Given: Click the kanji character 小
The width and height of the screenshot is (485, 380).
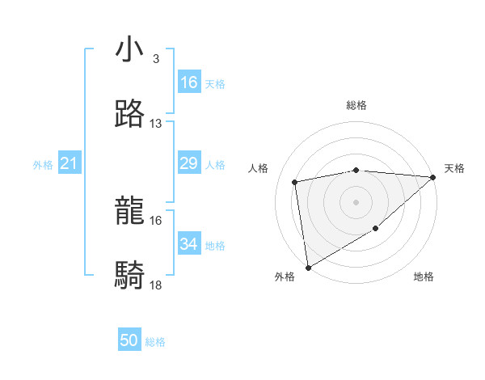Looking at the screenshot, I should (130, 50).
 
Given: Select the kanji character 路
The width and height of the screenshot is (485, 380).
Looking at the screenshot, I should (130, 114).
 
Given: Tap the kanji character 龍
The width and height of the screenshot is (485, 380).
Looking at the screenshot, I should (130, 212).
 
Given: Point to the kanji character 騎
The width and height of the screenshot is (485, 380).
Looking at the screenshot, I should (130, 276).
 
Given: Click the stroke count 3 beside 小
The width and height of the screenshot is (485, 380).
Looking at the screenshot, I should (155, 59).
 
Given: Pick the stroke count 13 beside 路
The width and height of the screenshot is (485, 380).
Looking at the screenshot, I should (156, 124).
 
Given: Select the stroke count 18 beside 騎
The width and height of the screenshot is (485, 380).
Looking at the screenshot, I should (156, 285).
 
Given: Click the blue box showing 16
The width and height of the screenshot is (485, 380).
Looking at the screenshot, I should (189, 82).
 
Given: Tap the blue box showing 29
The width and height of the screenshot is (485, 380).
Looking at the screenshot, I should (189, 164).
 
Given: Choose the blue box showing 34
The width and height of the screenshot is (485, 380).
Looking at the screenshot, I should (189, 244).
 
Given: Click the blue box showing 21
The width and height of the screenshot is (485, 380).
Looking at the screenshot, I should (70, 164).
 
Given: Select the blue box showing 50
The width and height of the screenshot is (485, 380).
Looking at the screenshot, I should (129, 341).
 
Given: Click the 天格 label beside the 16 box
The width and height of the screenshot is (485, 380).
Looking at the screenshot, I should (214, 84).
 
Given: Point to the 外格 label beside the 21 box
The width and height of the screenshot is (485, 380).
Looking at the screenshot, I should (43, 165).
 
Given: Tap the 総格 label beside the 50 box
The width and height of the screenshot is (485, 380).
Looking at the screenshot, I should (155, 342).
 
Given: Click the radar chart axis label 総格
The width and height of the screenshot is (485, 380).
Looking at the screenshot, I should (356, 105).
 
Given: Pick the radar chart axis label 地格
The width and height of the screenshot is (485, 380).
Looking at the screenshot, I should (424, 277).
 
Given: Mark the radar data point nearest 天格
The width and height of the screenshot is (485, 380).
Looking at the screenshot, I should (433, 177).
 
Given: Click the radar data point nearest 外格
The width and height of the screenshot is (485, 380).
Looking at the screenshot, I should (308, 267).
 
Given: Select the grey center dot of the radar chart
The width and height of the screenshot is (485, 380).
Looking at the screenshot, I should (356, 201).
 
